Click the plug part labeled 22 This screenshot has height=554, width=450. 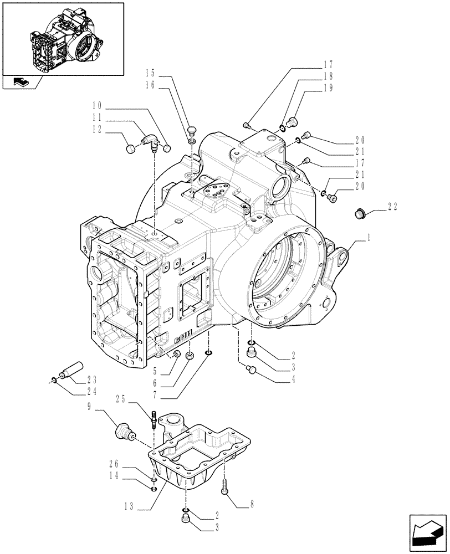coord(359,213)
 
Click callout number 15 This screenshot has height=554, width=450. coord(151,73)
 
